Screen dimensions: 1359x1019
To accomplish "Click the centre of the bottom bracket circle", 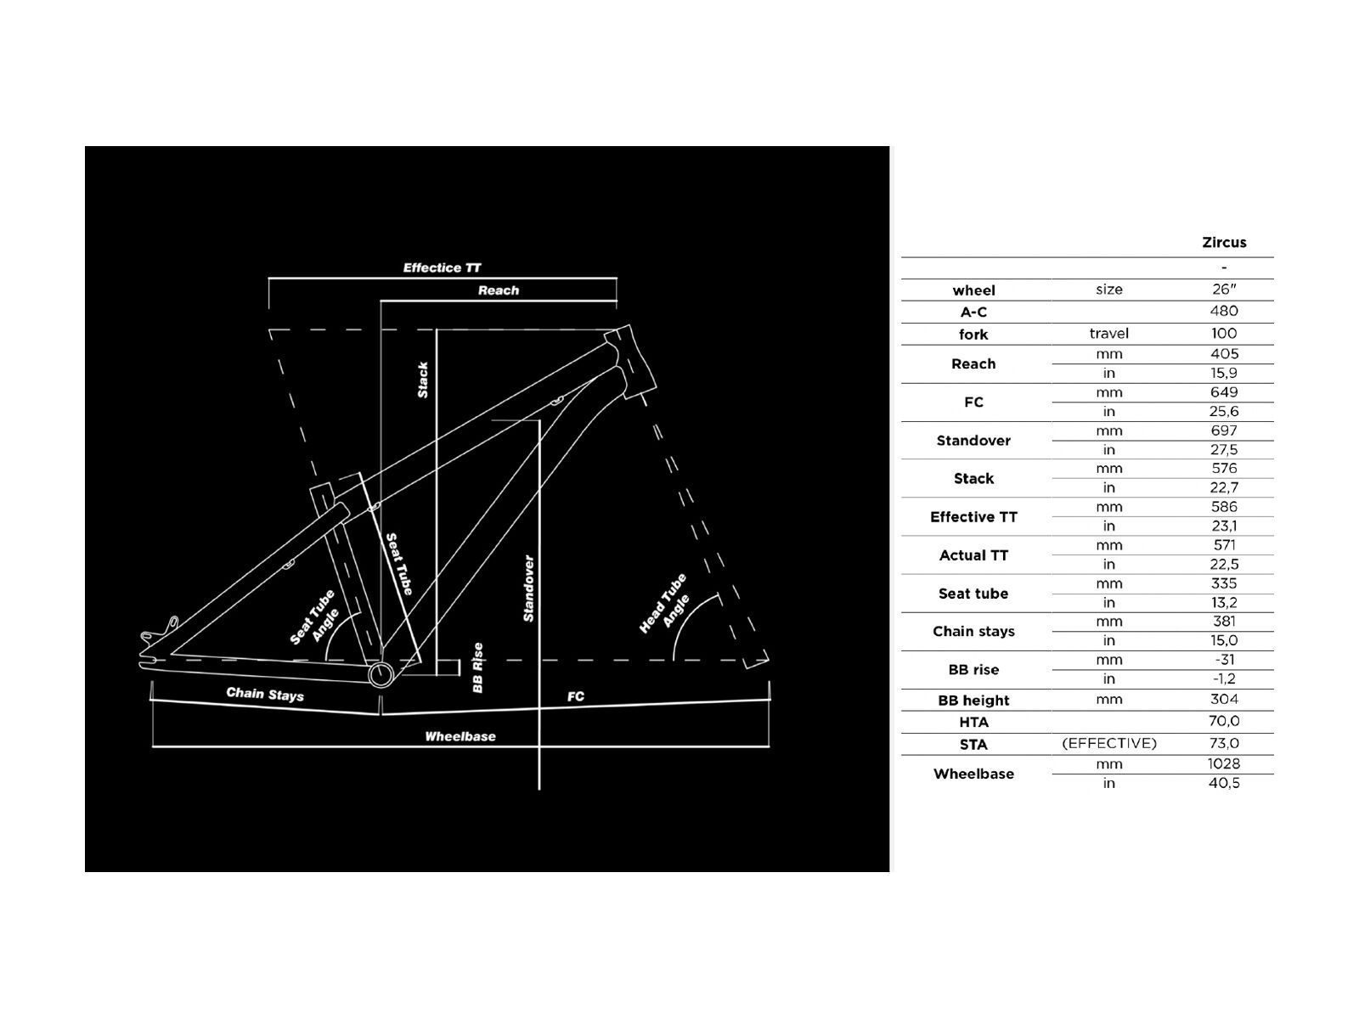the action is click(x=381, y=674).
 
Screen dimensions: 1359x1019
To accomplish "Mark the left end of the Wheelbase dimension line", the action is click(x=152, y=746).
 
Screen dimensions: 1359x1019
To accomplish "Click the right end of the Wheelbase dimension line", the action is click(x=769, y=746).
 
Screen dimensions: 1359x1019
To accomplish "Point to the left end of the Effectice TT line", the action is click(x=268, y=279).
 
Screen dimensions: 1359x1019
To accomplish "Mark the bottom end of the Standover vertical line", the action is click(x=539, y=790).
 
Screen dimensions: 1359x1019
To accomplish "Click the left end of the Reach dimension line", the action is click(x=381, y=301).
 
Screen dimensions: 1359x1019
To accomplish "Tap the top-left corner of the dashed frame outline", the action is click(x=268, y=329).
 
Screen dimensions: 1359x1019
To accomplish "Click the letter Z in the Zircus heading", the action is click(x=1207, y=243).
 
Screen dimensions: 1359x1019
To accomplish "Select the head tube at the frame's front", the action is click(x=630, y=362).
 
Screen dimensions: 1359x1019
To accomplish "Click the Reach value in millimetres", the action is click(x=1224, y=354).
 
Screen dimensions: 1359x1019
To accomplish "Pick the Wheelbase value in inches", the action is click(x=1224, y=783).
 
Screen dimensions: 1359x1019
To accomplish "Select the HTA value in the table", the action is click(x=1224, y=721).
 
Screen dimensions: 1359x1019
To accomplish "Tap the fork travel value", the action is click(x=1224, y=334).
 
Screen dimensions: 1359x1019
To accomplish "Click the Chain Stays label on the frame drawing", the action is click(x=265, y=694).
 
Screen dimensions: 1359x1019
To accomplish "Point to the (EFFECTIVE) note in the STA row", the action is click(x=1109, y=743).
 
